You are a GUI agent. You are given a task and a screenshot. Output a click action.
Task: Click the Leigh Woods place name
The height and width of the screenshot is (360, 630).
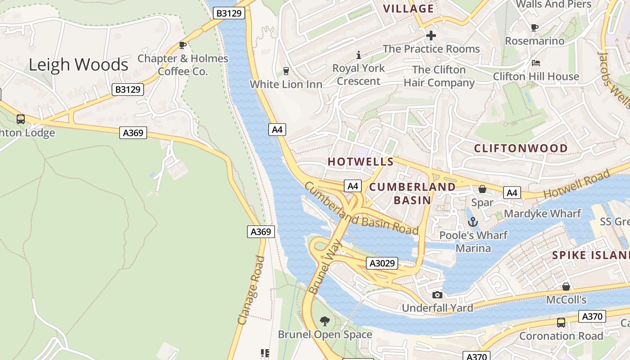coord(78,65)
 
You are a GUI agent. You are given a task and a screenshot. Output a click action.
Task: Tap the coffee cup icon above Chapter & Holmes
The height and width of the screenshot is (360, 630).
coord(183,45)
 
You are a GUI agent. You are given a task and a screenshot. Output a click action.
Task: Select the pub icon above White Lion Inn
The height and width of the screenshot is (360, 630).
coord(286,71)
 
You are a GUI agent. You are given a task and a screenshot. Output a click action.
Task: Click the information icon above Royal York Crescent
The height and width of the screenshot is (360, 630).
coord(359,55)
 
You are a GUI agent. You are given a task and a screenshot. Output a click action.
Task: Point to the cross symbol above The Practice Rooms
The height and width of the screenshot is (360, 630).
coord(431,35)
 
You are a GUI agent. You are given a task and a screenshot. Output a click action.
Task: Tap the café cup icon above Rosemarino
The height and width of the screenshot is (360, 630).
coord(535,27)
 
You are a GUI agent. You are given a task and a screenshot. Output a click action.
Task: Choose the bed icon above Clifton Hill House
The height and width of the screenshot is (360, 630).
coord(535,63)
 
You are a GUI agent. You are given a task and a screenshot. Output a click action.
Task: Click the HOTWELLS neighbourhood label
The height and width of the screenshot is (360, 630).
coord(360,162)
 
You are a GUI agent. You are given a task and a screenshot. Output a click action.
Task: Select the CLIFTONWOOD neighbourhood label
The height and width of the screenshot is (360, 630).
coord(521,148)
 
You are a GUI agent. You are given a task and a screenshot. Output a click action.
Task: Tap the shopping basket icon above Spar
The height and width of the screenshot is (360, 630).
coord(482,189)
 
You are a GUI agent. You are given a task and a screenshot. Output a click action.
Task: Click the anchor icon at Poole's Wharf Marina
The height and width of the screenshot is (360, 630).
coord(472,221)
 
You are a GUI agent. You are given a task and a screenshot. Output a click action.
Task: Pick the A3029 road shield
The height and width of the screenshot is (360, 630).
coord(382,263)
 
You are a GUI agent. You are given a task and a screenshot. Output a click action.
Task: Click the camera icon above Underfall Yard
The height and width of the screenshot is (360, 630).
coord(437,295)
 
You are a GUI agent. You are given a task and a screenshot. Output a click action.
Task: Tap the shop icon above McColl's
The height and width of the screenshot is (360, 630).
coord(566,287)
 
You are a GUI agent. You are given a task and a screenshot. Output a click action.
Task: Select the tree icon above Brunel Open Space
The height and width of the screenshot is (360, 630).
coord(324,321)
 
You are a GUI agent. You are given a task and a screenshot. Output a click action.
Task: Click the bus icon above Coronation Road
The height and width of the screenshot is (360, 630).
coord(561,322)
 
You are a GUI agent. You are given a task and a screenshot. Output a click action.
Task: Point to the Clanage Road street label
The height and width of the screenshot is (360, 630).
coord(251,290)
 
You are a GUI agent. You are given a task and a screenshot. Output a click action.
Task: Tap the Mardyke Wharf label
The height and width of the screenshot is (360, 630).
coord(542,213)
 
